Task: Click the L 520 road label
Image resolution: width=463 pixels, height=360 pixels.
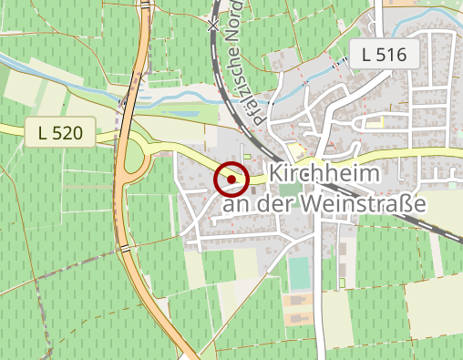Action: tap(61, 133)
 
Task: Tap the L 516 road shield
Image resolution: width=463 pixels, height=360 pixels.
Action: tap(383, 54)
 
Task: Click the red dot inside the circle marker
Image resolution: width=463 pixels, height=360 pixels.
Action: tap(231, 180)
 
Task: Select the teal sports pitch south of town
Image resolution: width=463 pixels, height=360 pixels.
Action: tap(299, 273)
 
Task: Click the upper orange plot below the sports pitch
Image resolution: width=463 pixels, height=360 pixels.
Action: tap(297, 300)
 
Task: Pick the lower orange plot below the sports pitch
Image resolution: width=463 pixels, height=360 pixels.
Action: tap(297, 318)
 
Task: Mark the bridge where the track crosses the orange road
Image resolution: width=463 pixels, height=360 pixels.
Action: tap(124, 247)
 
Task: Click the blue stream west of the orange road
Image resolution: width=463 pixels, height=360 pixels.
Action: tap(55, 72)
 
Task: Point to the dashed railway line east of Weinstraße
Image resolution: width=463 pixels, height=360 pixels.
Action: tap(446, 228)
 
